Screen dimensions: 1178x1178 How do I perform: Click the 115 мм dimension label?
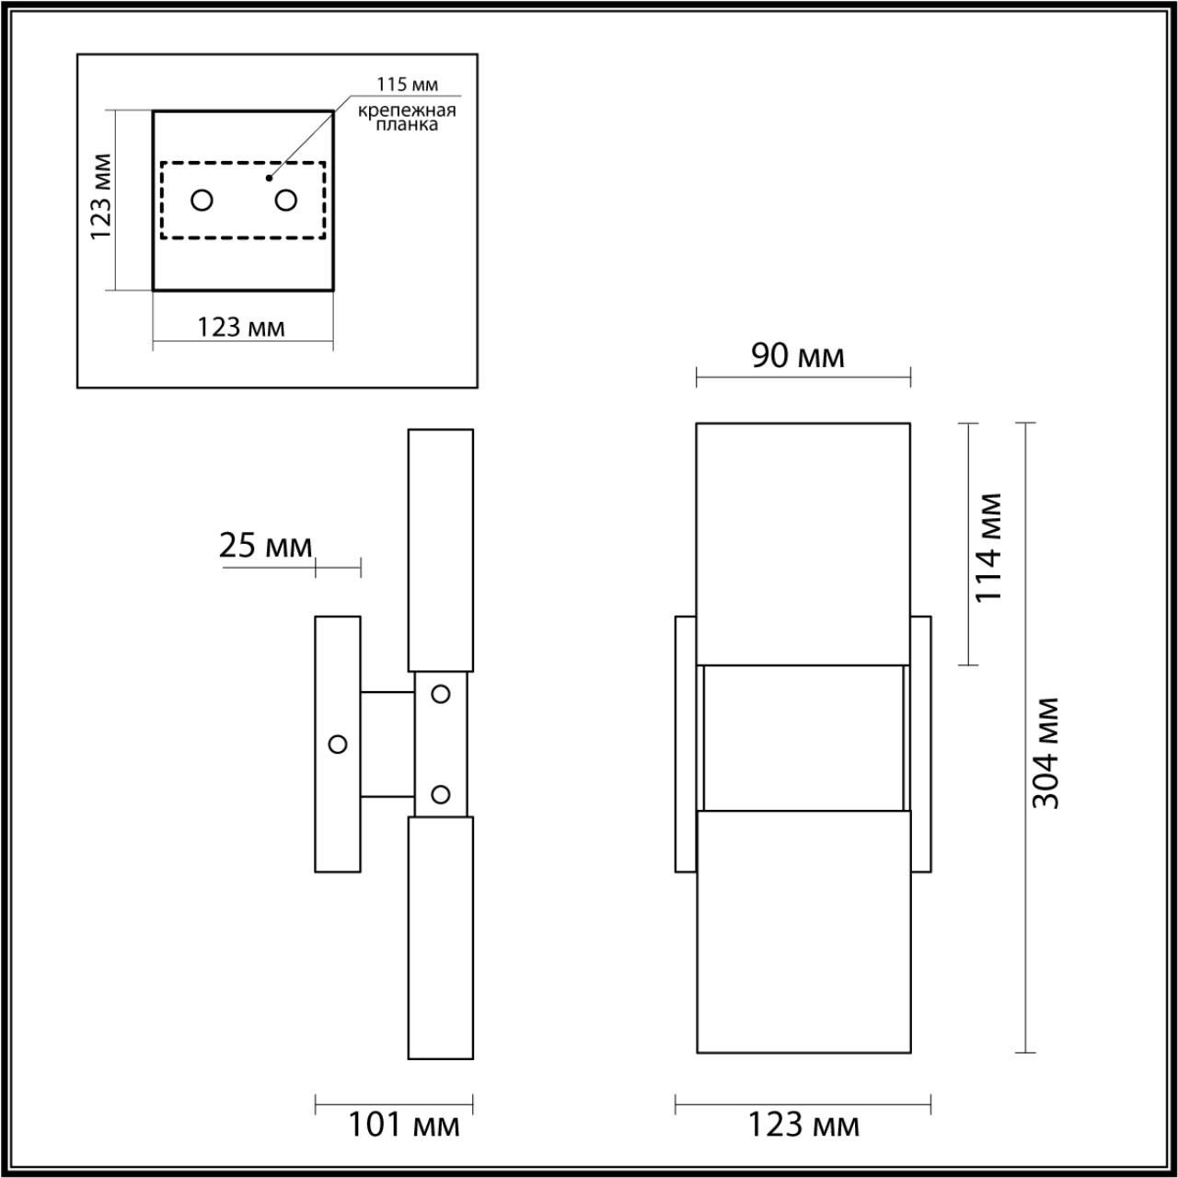[406, 85]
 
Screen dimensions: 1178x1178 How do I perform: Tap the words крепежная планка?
[407, 118]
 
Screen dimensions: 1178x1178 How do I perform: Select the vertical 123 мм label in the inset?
[102, 196]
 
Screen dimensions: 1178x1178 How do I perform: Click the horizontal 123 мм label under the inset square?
[241, 327]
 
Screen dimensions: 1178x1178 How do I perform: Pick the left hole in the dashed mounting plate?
[202, 200]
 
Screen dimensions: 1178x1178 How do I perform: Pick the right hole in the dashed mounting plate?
[286, 200]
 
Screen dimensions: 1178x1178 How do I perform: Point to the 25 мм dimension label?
[266, 546]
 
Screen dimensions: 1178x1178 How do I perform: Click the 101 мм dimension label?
[403, 1125]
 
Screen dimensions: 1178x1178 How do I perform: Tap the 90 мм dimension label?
[797, 355]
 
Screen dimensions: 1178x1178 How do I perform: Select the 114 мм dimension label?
[987, 548]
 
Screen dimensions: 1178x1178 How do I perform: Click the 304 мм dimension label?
[1045, 753]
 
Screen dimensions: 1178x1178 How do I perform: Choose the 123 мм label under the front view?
[803, 1125]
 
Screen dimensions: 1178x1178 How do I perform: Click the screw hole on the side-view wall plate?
[338, 744]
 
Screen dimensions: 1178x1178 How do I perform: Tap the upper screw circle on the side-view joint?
[441, 694]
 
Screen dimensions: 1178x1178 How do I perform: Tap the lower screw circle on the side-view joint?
[441, 793]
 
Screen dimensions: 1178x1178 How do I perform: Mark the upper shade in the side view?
[441, 549]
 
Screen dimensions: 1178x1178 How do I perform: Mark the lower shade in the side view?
[441, 937]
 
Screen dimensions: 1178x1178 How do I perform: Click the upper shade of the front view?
[803, 543]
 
